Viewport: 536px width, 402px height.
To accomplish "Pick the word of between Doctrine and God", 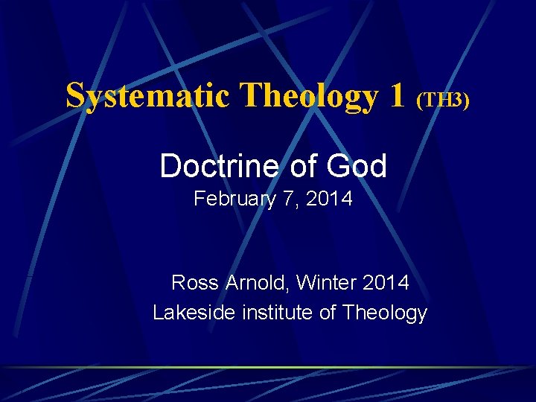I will [x=303, y=166].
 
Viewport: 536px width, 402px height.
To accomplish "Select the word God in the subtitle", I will [x=356, y=166].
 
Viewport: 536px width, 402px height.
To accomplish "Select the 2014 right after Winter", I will [x=386, y=283].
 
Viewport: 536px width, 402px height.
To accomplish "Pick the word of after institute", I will [x=328, y=313].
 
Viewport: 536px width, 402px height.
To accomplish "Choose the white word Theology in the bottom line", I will [x=384, y=313].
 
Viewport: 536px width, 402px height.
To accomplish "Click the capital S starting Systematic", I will [x=75, y=95].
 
